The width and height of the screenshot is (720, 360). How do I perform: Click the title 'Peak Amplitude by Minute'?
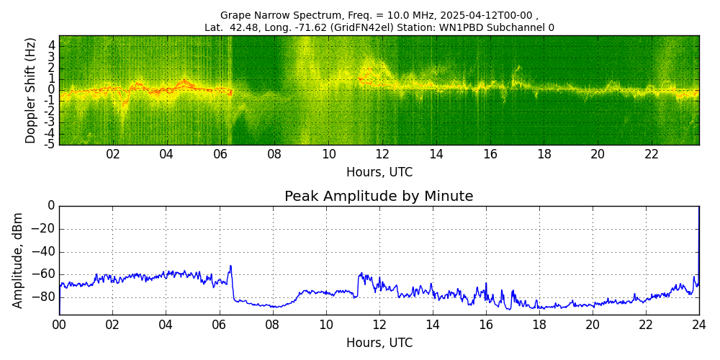coord(379,197)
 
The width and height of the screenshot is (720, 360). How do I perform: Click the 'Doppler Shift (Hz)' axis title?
coord(31,90)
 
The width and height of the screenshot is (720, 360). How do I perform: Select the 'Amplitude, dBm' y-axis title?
coord(18,260)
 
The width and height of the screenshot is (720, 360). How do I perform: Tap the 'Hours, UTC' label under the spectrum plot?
coord(379,172)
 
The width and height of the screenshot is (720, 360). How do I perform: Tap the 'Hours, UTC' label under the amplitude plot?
coord(379,343)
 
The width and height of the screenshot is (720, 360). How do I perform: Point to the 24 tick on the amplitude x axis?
coord(699,325)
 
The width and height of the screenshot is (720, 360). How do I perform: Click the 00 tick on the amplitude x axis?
coord(59,325)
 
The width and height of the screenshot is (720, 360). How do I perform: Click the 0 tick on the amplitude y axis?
coord(51,206)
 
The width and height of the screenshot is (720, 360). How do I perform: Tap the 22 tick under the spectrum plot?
coord(652,154)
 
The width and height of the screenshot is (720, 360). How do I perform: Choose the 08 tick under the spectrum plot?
coord(274,154)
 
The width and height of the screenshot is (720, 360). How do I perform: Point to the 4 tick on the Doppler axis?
coord(52,45)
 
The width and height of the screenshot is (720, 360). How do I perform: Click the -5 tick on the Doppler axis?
coord(50,144)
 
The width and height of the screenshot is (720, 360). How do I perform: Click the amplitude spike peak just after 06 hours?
coord(230,266)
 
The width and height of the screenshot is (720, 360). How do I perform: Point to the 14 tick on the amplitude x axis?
coord(433,325)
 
